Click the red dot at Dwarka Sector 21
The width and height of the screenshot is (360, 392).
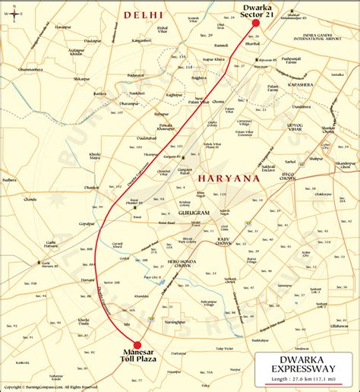tap(256, 23)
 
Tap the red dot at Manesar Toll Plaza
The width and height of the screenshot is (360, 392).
tap(137, 345)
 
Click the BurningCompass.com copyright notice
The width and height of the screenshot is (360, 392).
tap(53, 387)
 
